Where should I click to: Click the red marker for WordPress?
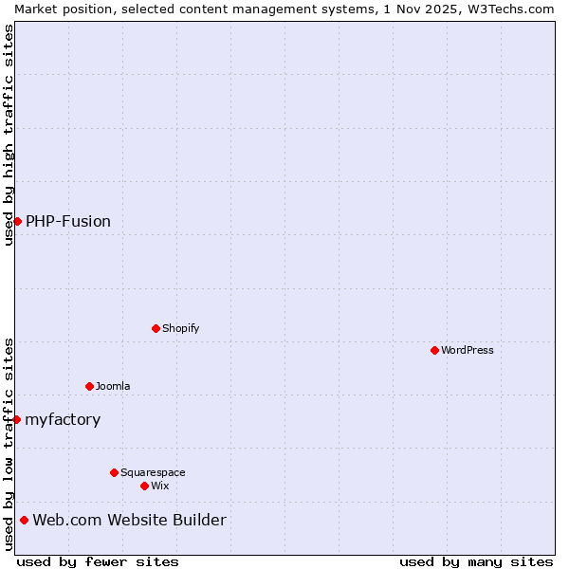[434, 350]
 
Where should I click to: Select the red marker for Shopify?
[156, 328]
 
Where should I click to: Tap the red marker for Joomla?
[89, 386]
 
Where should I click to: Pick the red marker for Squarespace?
[114, 472]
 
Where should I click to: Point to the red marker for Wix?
[144, 486]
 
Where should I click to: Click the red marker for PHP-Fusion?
[17, 221]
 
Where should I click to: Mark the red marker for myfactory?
[16, 419]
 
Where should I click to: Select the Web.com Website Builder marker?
[24, 520]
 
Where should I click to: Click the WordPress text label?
[468, 350]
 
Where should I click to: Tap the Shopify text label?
[181, 328]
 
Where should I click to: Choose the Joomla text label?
[113, 386]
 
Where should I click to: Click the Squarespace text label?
[153, 472]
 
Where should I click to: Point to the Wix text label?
[160, 486]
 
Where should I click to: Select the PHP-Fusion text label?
[68, 221]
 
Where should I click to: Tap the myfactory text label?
[63, 419]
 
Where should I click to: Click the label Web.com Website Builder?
[130, 520]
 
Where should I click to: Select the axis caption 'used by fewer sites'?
[98, 561]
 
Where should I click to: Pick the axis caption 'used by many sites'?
[476, 561]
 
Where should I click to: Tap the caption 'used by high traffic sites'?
[9, 135]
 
